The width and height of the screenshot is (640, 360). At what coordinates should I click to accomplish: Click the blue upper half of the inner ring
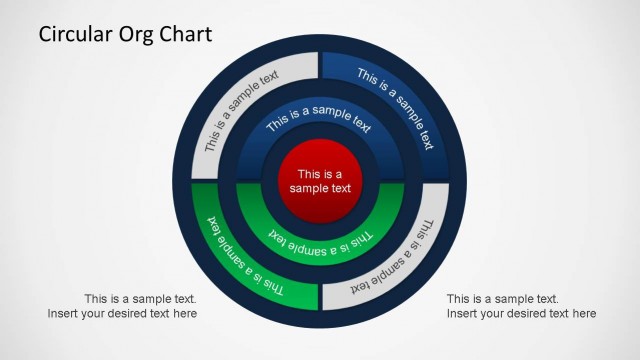coord(320,125)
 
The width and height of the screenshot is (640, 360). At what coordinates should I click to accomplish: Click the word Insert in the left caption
coord(64,314)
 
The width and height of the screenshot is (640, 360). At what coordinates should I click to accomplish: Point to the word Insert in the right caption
coord(464,314)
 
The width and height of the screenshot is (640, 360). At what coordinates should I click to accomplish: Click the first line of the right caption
coord(502,299)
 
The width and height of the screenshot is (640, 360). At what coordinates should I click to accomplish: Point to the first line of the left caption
coord(140,299)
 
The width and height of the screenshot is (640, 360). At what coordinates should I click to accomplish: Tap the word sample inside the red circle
coord(308,188)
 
